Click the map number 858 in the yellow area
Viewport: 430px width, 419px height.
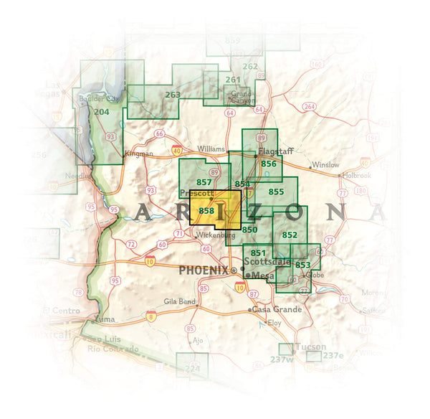pos(206,210)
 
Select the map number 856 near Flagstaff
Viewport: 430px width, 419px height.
pos(269,164)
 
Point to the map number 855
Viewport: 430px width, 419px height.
pos(277,192)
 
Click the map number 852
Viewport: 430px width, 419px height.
pos(290,235)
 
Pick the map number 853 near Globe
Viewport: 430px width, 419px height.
pos(302,265)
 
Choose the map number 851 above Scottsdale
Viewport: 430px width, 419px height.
pos(259,253)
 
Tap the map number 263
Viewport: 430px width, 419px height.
pos(173,94)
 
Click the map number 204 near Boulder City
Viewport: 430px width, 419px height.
pos(101,112)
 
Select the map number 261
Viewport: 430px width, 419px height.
pos(232,80)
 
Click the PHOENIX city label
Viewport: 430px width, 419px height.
pos(203,270)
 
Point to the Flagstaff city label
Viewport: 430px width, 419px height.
pos(272,152)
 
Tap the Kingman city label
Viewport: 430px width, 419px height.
pos(138,154)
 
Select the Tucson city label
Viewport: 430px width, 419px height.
pos(310,347)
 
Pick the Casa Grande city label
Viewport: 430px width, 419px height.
pos(272,309)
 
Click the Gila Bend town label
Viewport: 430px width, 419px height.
pos(179,302)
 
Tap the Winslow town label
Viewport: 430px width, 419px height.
pos(325,164)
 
